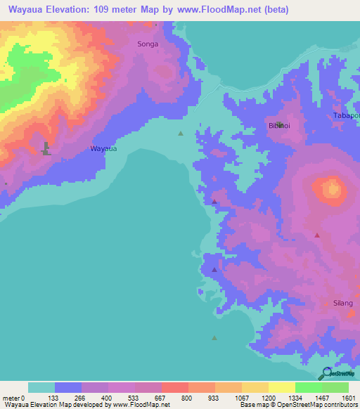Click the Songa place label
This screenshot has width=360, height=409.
tap(148, 44)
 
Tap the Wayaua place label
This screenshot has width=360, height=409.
tap(103, 149)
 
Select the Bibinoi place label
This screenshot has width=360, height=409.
tap(278, 126)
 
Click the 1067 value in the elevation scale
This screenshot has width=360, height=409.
tap(241, 398)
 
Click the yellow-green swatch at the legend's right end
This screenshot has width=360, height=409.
tap(335, 387)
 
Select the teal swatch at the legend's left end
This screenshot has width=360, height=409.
tap(41, 387)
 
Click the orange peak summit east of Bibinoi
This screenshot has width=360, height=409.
tap(330, 188)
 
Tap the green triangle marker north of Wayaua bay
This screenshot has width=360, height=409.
tap(181, 133)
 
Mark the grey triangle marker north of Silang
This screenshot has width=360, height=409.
tap(317, 235)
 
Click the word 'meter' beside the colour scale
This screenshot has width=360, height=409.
tap(12, 398)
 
